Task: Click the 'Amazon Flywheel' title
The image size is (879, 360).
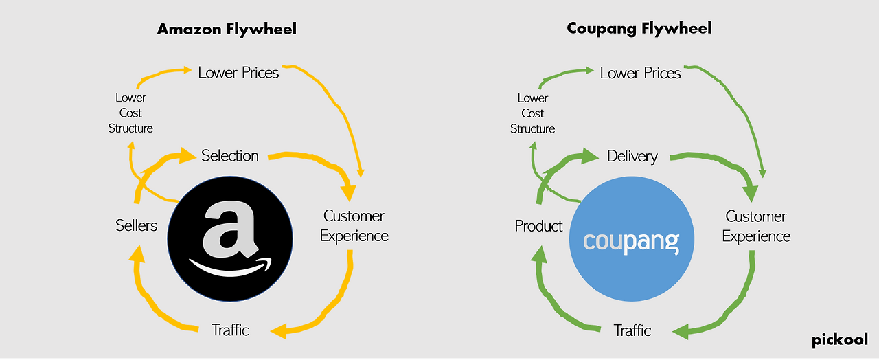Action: [227, 30]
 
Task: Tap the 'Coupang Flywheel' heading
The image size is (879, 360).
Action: [639, 29]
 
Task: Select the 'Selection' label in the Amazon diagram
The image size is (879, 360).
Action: [230, 156]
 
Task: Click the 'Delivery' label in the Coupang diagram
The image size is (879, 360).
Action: [632, 156]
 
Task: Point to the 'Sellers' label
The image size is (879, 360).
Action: [136, 225]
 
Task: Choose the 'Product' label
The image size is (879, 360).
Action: [538, 226]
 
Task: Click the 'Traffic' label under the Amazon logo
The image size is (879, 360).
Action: [230, 330]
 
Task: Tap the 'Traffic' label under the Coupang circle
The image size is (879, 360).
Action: [632, 330]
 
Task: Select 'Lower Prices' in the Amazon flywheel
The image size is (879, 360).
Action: [238, 73]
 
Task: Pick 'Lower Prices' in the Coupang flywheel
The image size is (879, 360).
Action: [641, 73]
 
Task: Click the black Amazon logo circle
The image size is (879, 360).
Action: [230, 238]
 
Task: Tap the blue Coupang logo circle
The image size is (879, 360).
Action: [632, 238]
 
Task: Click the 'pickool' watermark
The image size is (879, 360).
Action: [840, 340]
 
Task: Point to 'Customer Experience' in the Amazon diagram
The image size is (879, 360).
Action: [354, 226]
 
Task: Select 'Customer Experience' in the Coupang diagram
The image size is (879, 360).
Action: [756, 227]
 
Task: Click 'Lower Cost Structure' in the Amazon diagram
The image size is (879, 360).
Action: [130, 113]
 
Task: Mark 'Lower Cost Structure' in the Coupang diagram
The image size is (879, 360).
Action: [532, 113]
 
